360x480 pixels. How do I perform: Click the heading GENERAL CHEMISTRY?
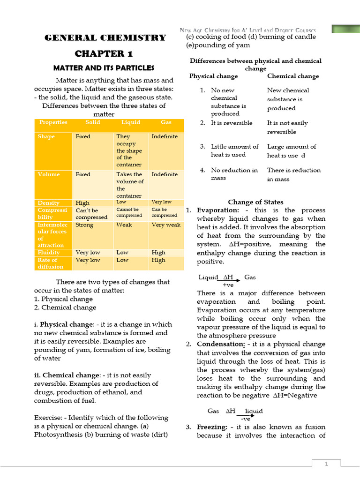tap(105, 37)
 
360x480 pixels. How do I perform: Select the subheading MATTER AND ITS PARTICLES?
tap(104, 68)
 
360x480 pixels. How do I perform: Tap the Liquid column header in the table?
tap(131, 122)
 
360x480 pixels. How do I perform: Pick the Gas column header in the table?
tap(166, 122)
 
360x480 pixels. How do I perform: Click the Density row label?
tap(49, 203)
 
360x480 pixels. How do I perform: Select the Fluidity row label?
tap(49, 252)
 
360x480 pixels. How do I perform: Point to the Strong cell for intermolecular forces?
tap(84, 225)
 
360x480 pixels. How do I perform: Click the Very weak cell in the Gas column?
tap(166, 225)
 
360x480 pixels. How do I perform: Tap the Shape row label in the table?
tap(46, 137)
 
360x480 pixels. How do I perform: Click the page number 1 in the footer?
tap(326, 464)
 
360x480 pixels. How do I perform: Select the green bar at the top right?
tap(345, 29)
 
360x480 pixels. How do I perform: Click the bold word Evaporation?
tap(217, 210)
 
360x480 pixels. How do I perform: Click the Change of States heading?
tap(255, 202)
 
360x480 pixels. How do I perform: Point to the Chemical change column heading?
tap(293, 76)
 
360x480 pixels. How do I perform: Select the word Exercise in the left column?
tap(48, 417)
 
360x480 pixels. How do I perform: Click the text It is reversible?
tap(232, 123)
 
